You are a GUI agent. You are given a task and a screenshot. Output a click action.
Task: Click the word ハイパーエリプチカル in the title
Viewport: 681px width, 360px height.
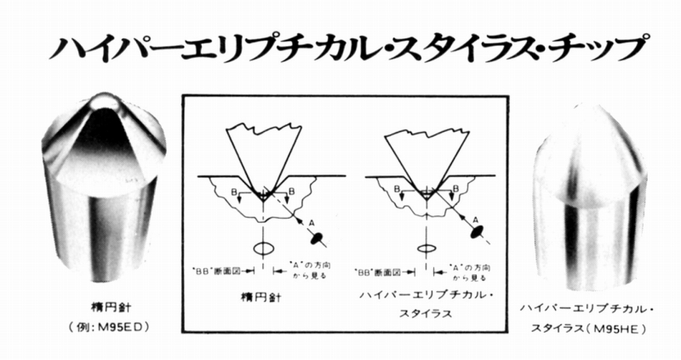coord(208,49)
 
